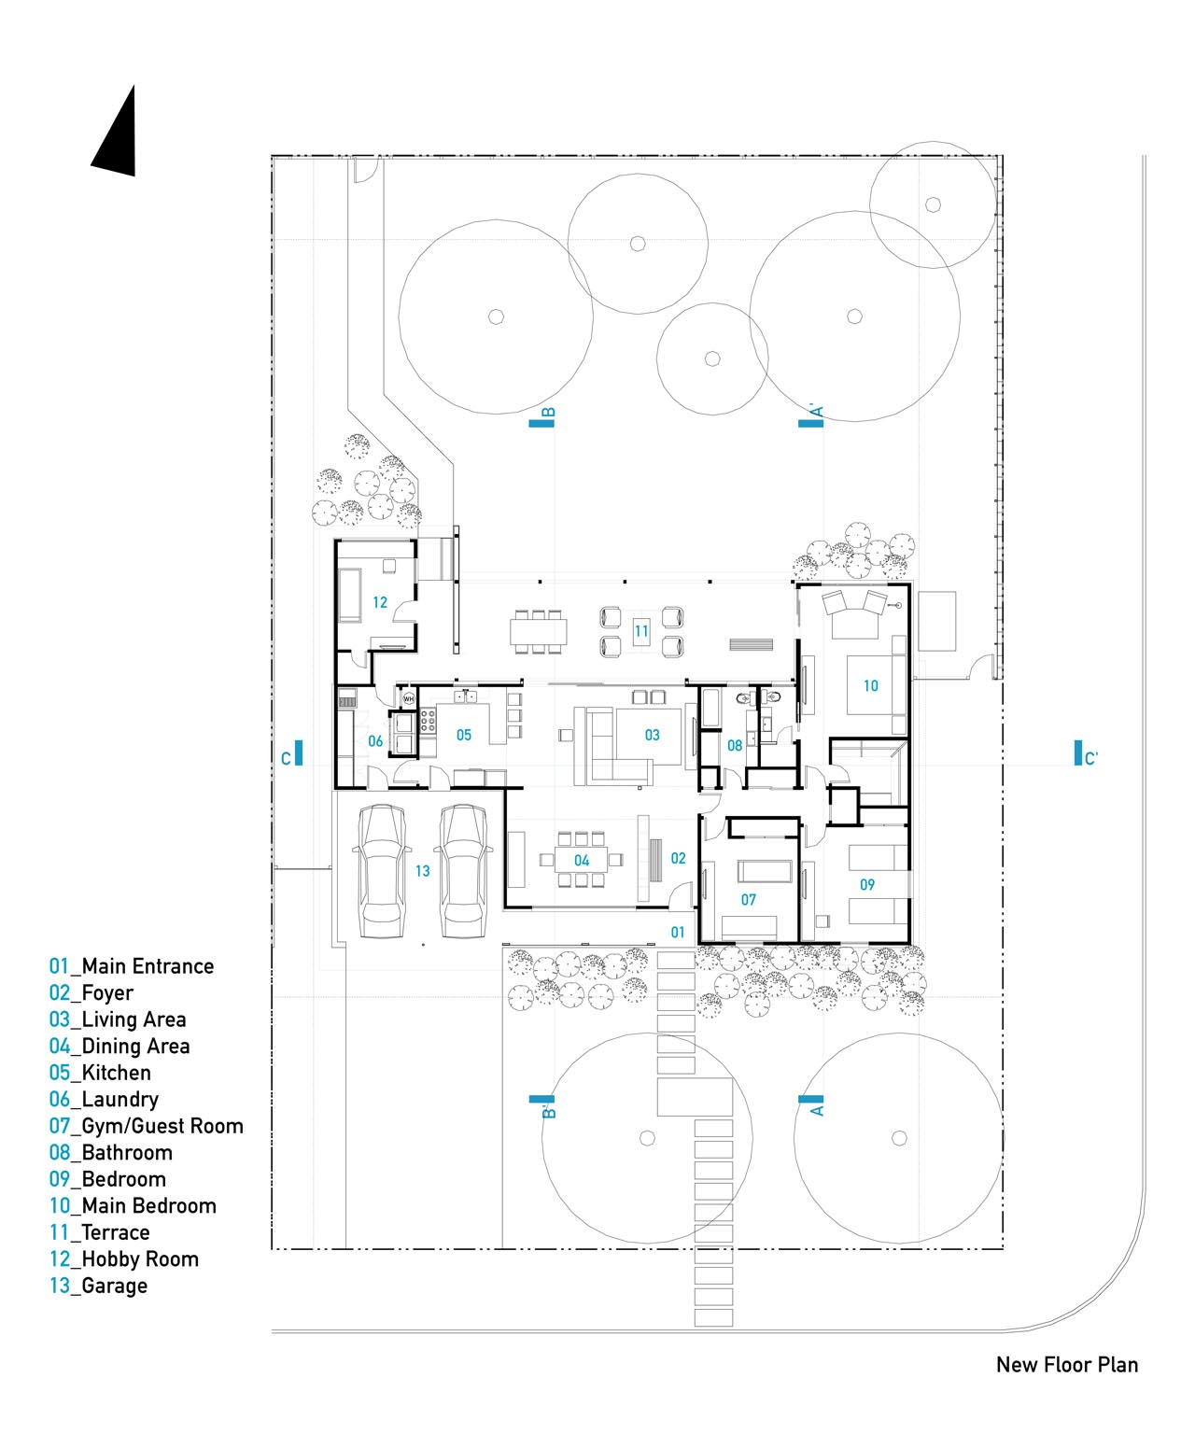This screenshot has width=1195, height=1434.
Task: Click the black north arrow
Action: click(119, 140)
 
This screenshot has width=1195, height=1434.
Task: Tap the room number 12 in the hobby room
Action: click(380, 602)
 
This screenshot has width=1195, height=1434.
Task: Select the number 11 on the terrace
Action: click(641, 631)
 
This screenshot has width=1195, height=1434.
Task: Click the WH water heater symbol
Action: click(408, 698)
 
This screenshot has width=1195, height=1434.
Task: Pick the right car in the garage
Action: click(464, 870)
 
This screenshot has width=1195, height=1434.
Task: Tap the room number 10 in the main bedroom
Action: click(870, 685)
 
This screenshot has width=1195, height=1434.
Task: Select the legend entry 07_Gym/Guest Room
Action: click(146, 1126)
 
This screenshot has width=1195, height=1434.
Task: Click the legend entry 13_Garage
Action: click(98, 1286)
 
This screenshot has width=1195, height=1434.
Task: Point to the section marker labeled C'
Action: click(1084, 756)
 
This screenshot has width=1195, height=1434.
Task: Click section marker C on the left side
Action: click(292, 755)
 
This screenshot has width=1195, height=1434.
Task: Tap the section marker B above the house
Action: click(543, 417)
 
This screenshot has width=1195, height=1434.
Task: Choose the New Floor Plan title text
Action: click(1066, 1365)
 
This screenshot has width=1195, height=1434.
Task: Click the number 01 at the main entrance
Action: click(679, 932)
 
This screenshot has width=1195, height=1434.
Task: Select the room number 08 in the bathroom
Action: click(735, 745)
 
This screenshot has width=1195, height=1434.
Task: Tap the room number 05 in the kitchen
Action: click(464, 735)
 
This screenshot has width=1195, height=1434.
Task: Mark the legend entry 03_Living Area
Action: click(118, 1019)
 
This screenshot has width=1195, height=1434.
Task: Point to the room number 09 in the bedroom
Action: click(867, 884)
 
